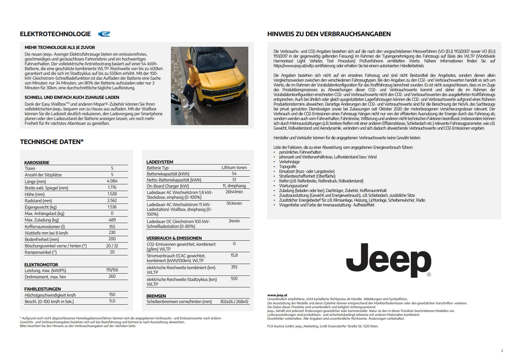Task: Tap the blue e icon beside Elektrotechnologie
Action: click(104, 34)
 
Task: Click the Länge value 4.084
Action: click(112, 181)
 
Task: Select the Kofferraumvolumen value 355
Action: click(112, 227)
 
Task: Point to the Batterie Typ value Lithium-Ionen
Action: click(234, 168)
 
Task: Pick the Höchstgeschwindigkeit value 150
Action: click(112, 295)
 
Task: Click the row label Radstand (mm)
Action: click(38, 201)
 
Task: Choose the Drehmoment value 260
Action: click(112, 276)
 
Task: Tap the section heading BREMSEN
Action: click(156, 296)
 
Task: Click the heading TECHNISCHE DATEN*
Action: click(52, 142)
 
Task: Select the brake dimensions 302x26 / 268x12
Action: click(234, 302)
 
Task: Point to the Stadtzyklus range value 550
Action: click(234, 279)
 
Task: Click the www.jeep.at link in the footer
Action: click(277, 295)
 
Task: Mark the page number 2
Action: click(502, 350)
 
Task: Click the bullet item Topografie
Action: click(288, 167)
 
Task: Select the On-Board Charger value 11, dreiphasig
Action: click(234, 186)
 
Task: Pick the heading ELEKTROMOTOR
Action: click(41, 265)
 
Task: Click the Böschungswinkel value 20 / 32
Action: click(112, 246)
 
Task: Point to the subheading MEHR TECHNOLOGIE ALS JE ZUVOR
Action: click(60, 48)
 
